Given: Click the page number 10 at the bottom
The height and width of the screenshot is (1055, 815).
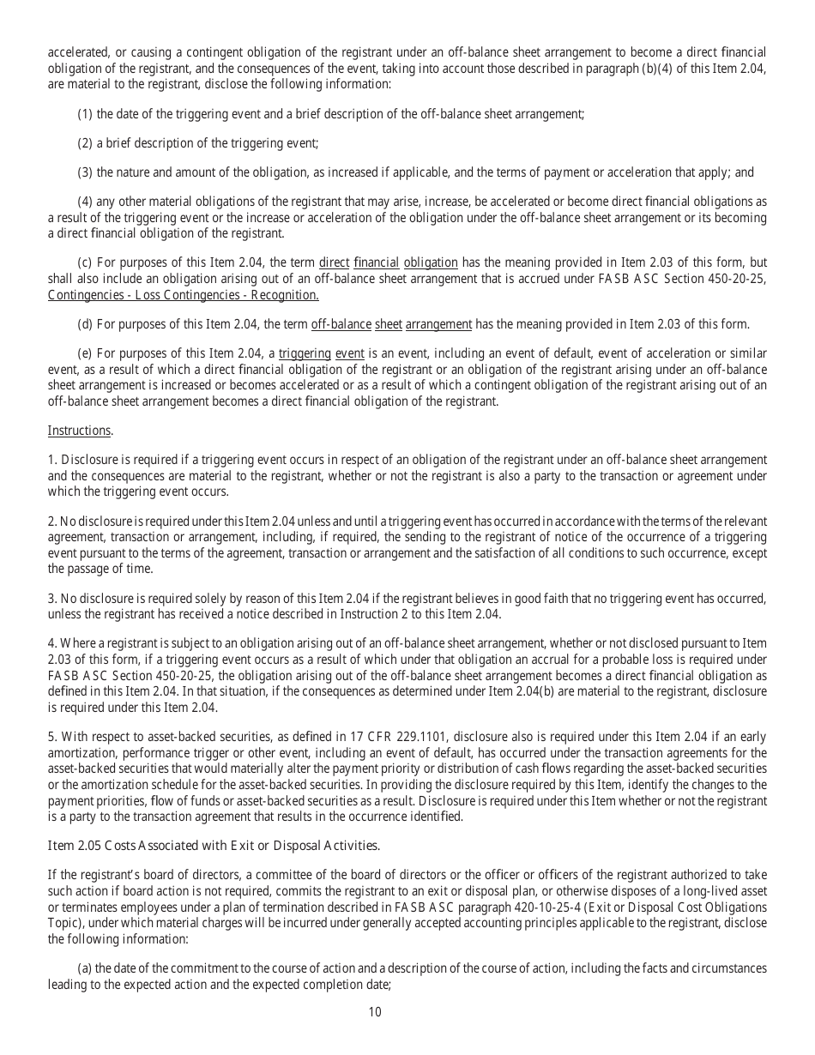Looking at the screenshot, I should pyautogui.click(x=375, y=1012).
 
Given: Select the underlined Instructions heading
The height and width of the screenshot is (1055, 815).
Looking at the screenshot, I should pyautogui.click(x=79, y=431).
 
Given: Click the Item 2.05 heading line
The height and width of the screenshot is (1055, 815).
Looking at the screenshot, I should pyautogui.click(x=214, y=846).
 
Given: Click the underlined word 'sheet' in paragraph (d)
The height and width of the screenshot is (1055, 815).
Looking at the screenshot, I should pyautogui.click(x=389, y=324).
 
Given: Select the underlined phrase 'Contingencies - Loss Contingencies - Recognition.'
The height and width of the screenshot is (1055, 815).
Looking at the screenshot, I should pyautogui.click(x=184, y=295).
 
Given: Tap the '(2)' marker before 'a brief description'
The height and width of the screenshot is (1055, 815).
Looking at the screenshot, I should pyautogui.click(x=85, y=143).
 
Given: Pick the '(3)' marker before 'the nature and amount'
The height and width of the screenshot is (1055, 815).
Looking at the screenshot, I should pyautogui.click(x=85, y=172).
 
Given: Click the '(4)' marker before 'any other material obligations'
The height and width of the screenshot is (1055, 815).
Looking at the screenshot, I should pyautogui.click(x=85, y=202).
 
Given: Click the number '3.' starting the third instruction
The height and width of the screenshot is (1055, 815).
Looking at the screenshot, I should pyautogui.click(x=52, y=598).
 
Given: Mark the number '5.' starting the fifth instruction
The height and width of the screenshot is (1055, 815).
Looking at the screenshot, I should pyautogui.click(x=52, y=738).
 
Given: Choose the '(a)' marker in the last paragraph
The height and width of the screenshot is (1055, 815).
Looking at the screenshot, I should pyautogui.click(x=85, y=968).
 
